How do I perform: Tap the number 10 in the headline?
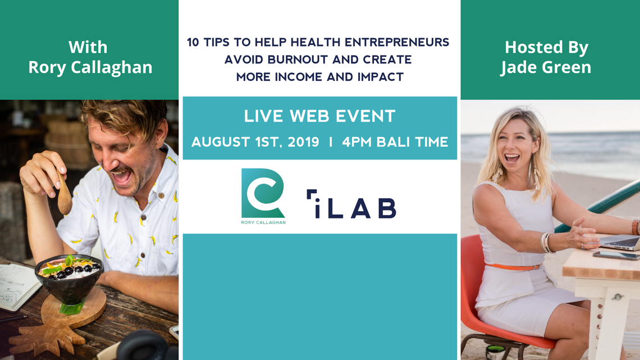pyautogui.click(x=193, y=43)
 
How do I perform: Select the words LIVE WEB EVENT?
pyautogui.click(x=319, y=116)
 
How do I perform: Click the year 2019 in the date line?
pyautogui.click(x=303, y=142)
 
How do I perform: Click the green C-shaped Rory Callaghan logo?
pyautogui.click(x=263, y=193)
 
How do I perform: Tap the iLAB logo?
pyautogui.click(x=351, y=204)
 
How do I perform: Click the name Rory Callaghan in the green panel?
pyautogui.click(x=90, y=67)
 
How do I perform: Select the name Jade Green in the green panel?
pyautogui.click(x=546, y=67)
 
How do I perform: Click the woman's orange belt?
pyautogui.click(x=514, y=267)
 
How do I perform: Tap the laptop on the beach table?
pyautogui.click(x=620, y=241)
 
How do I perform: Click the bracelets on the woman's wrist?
pyautogui.click(x=546, y=243)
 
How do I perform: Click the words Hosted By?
pyautogui.click(x=547, y=47)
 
